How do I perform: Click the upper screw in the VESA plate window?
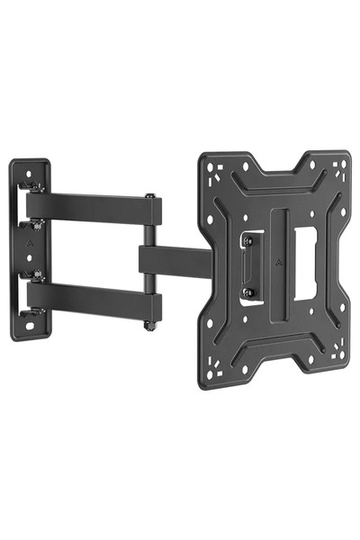coord(249,240)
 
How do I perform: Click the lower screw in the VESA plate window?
coord(249,292)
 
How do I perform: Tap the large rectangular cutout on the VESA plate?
coord(305,261)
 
